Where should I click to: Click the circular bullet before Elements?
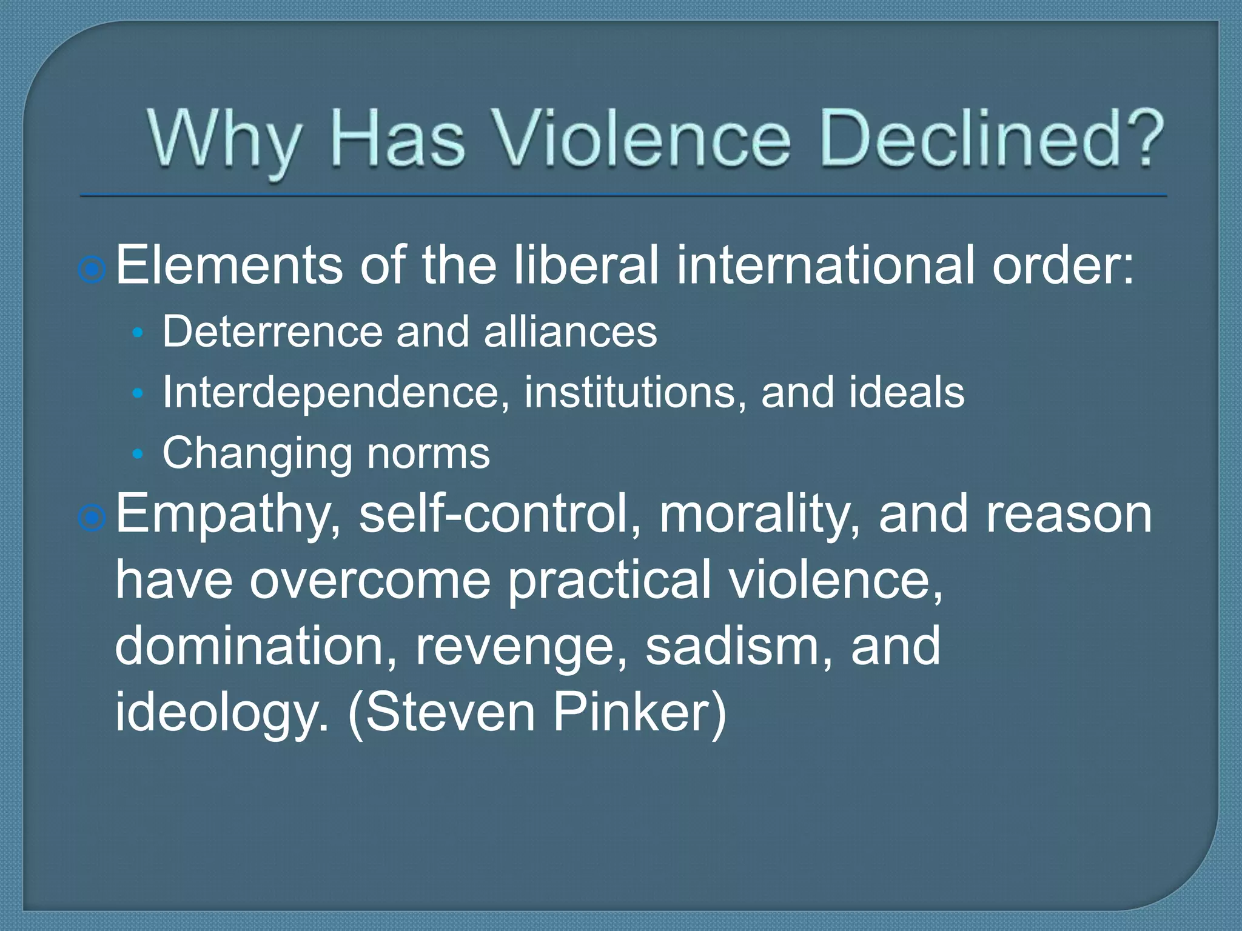point(92,269)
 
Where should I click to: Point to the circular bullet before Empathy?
point(92,517)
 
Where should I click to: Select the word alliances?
point(570,332)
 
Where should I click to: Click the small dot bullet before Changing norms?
point(138,454)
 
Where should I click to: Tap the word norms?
point(428,453)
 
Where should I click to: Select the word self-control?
point(499,514)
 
